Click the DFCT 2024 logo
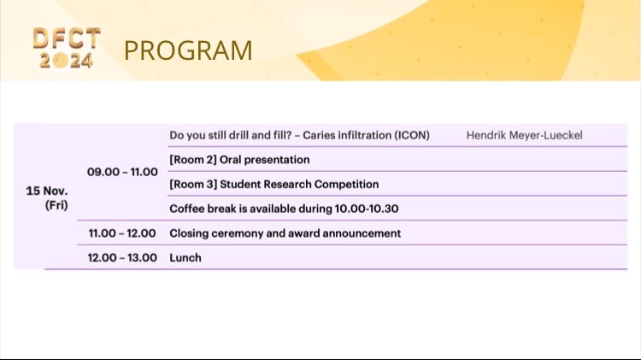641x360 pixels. pos(67,47)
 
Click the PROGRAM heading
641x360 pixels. pos(188,50)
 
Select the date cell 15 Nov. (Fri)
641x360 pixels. pos(47,198)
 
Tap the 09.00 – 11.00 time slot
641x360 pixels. pos(122,172)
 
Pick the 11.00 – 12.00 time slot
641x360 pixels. pos(122,233)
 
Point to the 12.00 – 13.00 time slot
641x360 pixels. pos(122,257)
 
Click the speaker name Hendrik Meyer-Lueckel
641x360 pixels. pos(525,135)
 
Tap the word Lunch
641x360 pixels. pos(185,257)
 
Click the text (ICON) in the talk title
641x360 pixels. pos(412,135)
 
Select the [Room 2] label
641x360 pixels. pos(193,160)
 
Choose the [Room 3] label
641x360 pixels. pos(193,184)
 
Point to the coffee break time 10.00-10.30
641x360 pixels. pos(367,209)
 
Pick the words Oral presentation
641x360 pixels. pos(264,160)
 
